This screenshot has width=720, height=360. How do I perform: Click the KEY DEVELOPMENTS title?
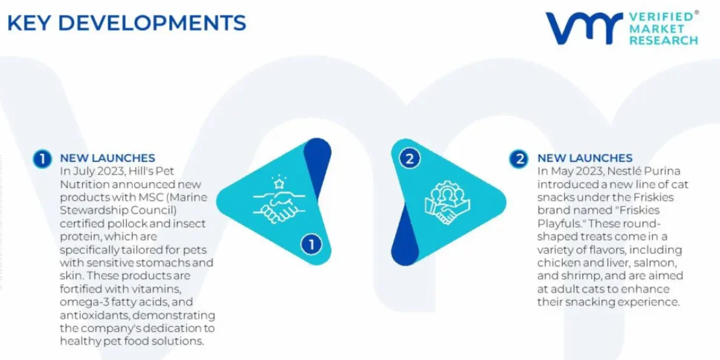click(127, 24)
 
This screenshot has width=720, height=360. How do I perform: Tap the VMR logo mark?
click(584, 28)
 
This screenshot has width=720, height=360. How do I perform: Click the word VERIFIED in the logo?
click(661, 17)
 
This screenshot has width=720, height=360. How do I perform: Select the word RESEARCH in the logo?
click(663, 40)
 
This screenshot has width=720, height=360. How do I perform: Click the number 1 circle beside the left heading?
click(42, 159)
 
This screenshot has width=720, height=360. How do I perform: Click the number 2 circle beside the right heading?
click(519, 159)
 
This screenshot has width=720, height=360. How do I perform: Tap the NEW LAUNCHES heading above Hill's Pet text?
click(107, 158)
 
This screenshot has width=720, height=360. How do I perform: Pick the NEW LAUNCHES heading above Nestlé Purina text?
click(585, 158)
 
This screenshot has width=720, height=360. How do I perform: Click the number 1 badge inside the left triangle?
click(311, 245)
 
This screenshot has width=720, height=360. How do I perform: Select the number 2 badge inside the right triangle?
click(410, 159)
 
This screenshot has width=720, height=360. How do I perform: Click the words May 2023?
click(572, 171)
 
